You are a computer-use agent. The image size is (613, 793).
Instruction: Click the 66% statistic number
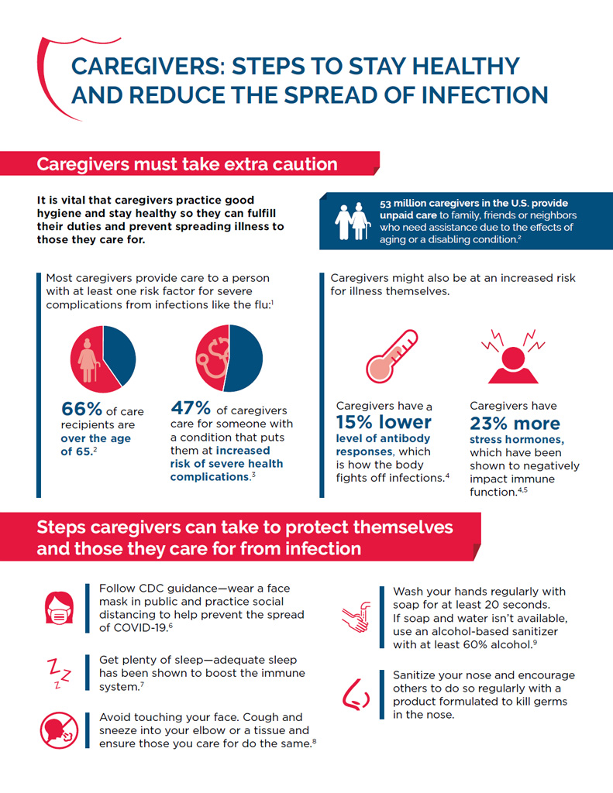pyautogui.click(x=77, y=409)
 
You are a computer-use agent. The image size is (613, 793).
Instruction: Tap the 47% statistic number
pyautogui.click(x=190, y=407)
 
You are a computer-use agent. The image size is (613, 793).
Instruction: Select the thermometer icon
pyautogui.click(x=391, y=356)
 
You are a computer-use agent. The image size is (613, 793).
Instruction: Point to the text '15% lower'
pyautogui.click(x=384, y=423)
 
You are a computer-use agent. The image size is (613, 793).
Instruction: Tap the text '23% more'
pyautogui.click(x=515, y=424)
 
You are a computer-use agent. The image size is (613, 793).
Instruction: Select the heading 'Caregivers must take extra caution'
pyautogui.click(x=187, y=164)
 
